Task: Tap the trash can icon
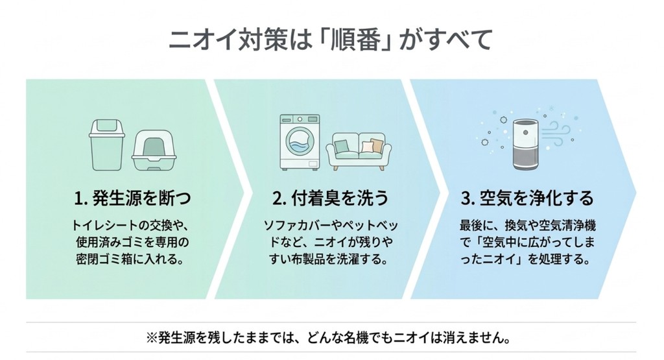point(107,145)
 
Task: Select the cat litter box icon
point(154,150)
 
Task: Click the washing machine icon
point(300,142)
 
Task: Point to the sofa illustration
point(359,151)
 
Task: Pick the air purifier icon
point(525,145)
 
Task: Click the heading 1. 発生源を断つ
point(132,198)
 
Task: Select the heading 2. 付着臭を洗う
point(330,198)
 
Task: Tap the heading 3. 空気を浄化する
point(527,198)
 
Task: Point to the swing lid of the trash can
point(107,127)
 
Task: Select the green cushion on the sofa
point(341,147)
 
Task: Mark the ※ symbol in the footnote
point(152,338)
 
